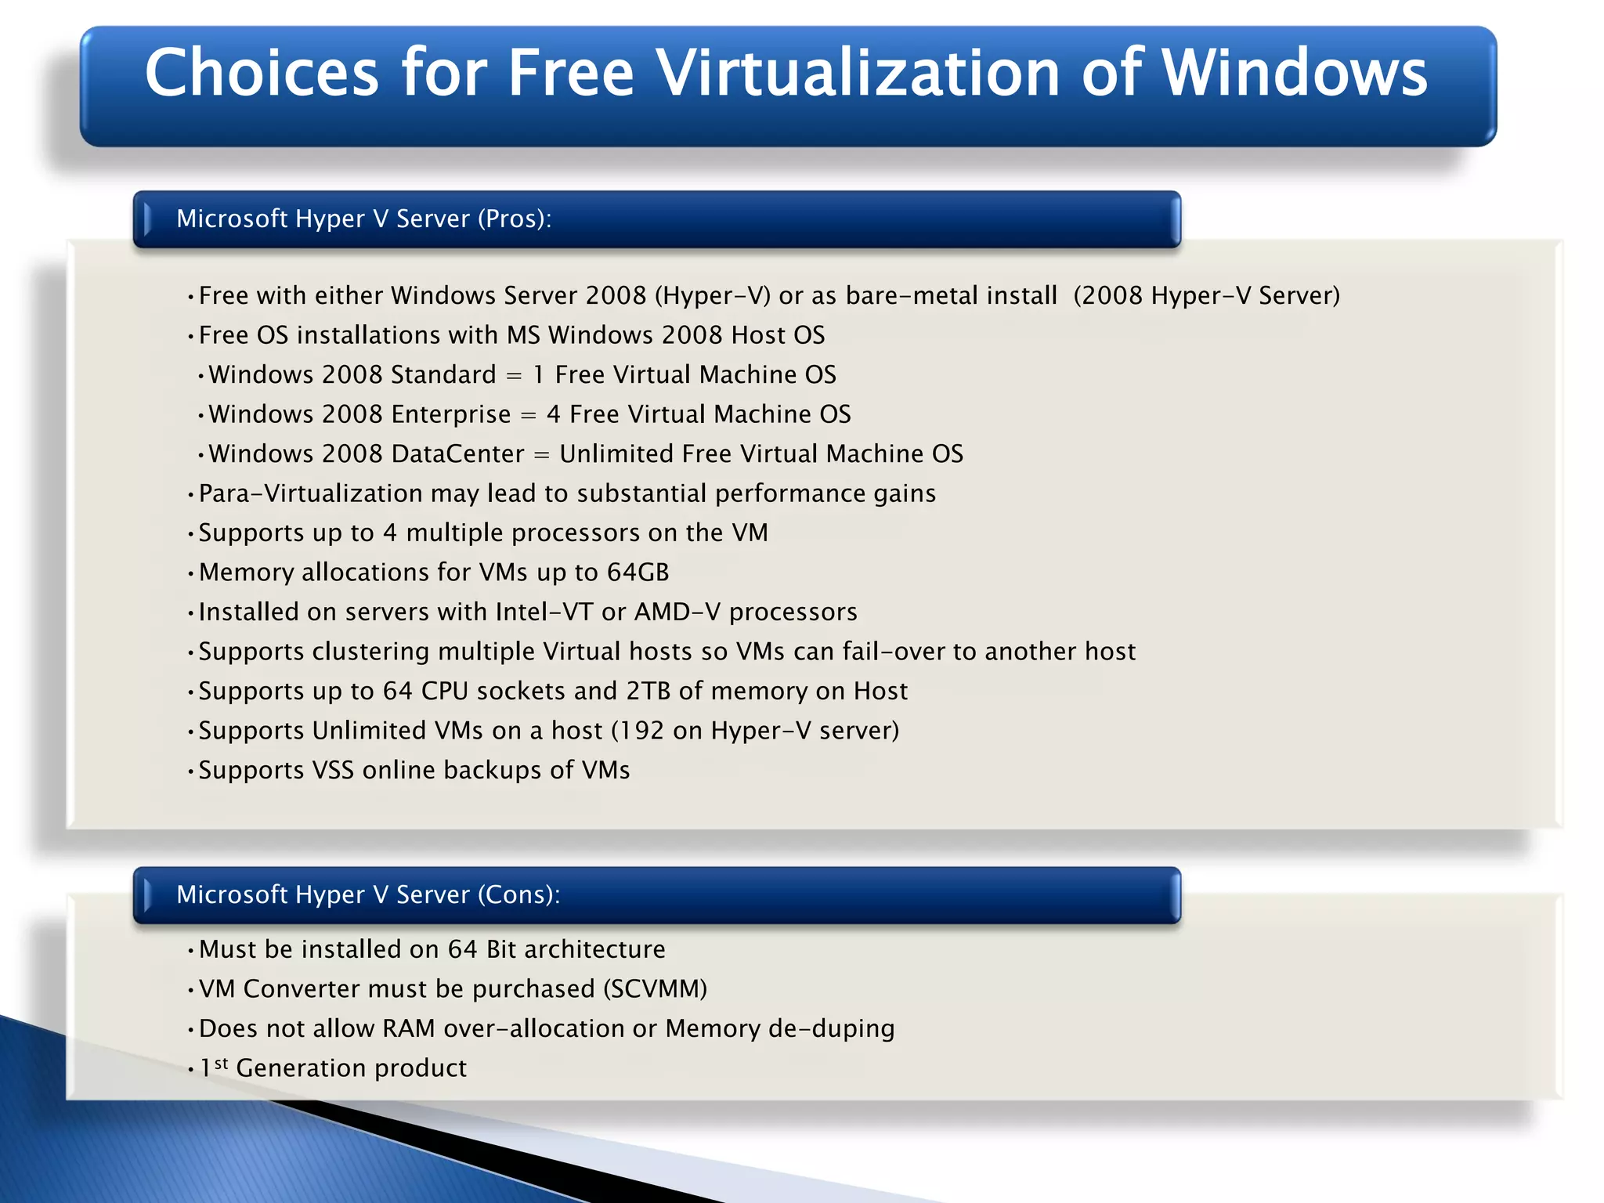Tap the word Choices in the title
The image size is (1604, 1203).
[262, 72]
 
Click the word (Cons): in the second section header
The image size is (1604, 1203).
[518, 894]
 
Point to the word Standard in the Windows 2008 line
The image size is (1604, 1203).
[443, 374]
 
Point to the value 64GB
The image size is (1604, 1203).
[638, 573]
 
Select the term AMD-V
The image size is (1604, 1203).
[677, 612]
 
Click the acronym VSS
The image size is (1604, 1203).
[333, 770]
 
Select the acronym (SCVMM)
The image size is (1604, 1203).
[656, 989]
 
